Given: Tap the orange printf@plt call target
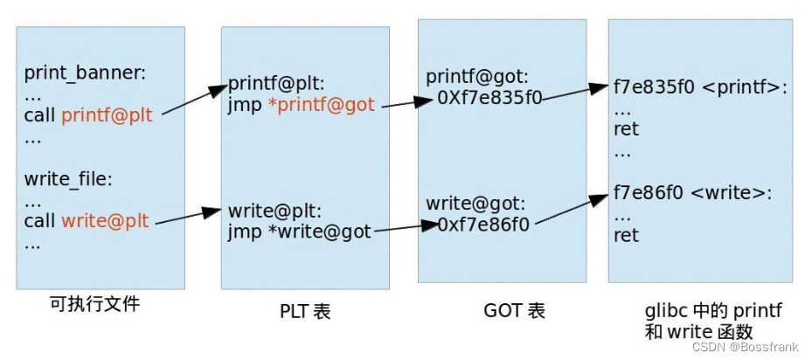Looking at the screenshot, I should (x=107, y=114).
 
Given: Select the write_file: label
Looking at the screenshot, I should (x=68, y=180).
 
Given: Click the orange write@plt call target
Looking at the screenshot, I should (x=105, y=222).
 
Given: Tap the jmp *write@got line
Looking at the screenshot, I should (x=300, y=232).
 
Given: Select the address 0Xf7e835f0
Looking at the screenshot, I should (x=489, y=98).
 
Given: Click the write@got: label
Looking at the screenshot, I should (x=475, y=204).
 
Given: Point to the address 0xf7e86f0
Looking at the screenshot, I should (x=482, y=225).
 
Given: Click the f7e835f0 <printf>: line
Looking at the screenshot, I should (x=701, y=89).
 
